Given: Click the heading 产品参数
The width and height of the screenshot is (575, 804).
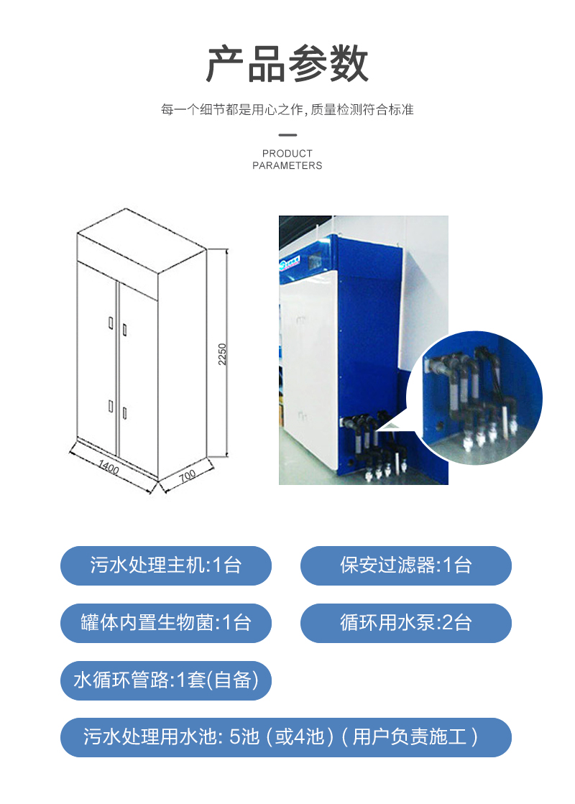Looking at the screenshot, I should [x=287, y=65].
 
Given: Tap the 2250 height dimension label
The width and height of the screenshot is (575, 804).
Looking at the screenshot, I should [x=223, y=353].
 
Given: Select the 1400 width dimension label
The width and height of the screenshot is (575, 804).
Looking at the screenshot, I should [x=108, y=468].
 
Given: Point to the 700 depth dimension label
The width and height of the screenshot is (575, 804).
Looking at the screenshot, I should [x=188, y=476].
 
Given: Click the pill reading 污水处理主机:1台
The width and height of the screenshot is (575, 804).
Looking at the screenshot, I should [x=166, y=565].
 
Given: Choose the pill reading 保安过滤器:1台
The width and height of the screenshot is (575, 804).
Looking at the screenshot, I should [x=405, y=565].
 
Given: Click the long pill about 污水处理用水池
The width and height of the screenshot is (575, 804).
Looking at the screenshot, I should [x=285, y=737].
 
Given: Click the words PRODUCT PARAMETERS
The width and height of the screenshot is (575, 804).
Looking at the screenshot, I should [x=287, y=160].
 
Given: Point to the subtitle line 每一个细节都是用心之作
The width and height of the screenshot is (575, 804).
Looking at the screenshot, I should [x=287, y=110].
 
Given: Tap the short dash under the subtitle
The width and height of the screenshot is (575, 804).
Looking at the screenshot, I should [x=287, y=134].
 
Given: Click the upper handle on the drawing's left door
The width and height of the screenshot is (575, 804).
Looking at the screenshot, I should [x=110, y=323].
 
